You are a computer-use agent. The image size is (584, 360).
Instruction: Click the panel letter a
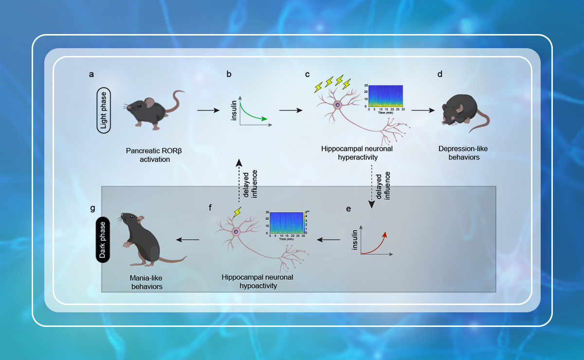pyautogui.click(x=91, y=74)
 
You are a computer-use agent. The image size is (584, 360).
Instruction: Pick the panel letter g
pyautogui.click(x=92, y=209)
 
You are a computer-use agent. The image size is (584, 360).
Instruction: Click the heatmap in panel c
pyautogui.click(x=385, y=96)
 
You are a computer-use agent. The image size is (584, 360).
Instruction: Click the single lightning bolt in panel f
pyautogui.click(x=237, y=212)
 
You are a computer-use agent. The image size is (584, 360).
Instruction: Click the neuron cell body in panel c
pyautogui.click(x=337, y=105)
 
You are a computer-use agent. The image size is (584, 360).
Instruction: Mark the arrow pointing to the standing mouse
pyautogui.click(x=188, y=239)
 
